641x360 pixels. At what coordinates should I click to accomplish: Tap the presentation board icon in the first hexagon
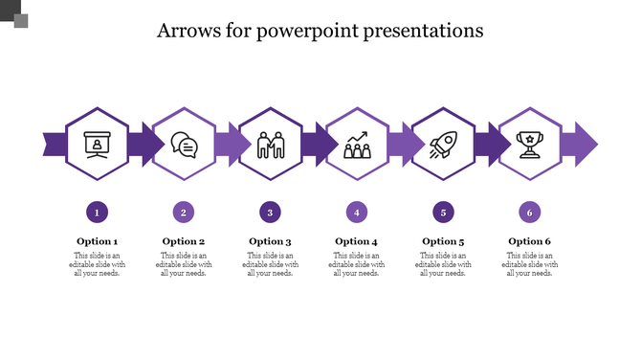(x=97, y=145)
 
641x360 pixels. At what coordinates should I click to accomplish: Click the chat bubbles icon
(x=184, y=145)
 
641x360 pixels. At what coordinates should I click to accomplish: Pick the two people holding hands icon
(x=271, y=145)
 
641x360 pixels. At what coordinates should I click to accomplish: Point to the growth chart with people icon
(x=357, y=145)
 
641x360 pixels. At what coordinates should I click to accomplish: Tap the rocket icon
(x=443, y=145)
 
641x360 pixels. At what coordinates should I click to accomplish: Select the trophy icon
(x=529, y=145)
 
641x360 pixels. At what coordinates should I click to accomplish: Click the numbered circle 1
(x=97, y=212)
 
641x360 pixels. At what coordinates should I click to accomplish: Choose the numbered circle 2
(x=184, y=212)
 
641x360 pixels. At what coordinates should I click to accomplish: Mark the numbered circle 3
(x=271, y=212)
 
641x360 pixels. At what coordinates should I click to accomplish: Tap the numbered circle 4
(x=357, y=212)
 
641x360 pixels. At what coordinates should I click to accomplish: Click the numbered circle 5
(x=443, y=212)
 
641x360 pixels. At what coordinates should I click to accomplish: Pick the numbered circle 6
(x=529, y=212)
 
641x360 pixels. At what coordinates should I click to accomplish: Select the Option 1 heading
(x=97, y=241)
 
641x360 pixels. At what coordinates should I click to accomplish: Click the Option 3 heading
(x=271, y=241)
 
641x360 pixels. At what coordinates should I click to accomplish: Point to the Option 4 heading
(x=357, y=241)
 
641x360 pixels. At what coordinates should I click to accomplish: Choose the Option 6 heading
(x=529, y=241)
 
